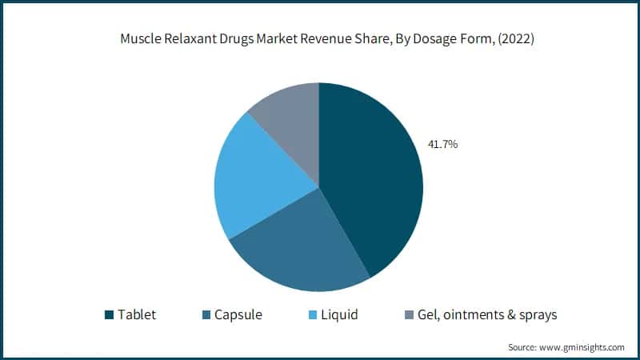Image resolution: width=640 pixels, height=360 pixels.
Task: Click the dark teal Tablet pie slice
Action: (368, 176)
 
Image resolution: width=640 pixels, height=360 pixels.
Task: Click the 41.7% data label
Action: (442, 145)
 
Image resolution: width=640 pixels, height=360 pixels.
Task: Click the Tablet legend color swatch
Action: (108, 315)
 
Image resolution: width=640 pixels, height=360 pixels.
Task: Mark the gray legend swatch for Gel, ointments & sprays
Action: (410, 315)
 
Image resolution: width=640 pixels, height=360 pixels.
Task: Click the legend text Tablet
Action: (137, 315)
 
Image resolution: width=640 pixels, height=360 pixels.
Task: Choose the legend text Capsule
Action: (238, 315)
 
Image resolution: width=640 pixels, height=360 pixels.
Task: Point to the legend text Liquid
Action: (338, 315)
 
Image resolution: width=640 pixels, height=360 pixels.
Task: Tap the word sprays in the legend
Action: (536, 315)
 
